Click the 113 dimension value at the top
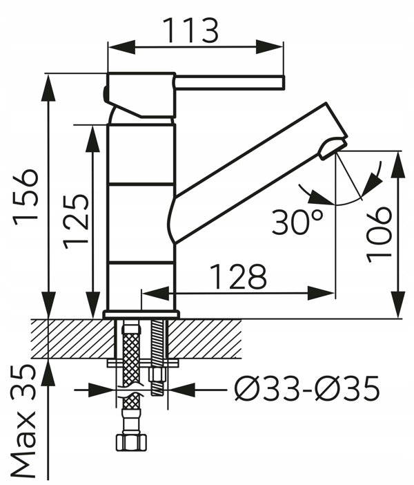[x=190, y=30]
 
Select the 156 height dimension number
[x=26, y=198]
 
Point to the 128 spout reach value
[x=238, y=276]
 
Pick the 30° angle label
[x=297, y=222]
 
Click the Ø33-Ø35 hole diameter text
[x=306, y=388]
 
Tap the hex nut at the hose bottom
[x=131, y=442]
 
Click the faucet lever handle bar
[x=229, y=83]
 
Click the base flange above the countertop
[x=141, y=314]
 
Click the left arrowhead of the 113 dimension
[x=121, y=47]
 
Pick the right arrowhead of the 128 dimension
[x=321, y=293]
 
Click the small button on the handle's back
[x=106, y=93]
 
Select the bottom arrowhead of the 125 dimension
[x=92, y=305]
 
